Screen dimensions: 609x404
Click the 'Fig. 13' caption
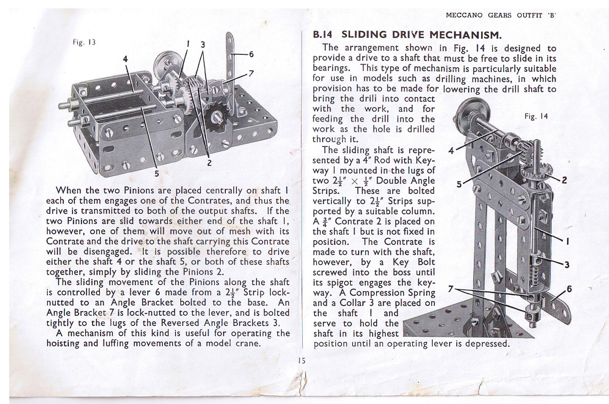84,42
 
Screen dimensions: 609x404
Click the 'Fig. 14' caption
536,117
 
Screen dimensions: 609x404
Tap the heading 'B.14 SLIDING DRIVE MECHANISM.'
407,35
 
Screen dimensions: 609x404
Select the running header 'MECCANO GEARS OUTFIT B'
501,15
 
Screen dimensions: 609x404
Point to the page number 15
302,361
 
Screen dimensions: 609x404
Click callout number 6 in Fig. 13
252,54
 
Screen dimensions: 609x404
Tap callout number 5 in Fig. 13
157,173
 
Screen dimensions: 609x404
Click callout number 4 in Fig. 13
125,59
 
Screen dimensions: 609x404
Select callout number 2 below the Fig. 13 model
209,163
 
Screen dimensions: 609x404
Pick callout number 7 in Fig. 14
451,289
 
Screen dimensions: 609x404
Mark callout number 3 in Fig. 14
567,264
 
